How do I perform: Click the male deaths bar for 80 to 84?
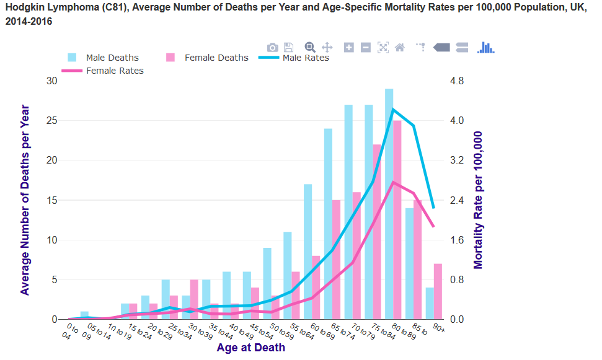[x=389, y=204]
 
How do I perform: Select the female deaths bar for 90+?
[x=438, y=291]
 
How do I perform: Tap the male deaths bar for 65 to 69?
[x=328, y=224]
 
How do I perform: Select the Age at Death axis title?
[x=251, y=348]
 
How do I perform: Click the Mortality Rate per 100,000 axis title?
[x=478, y=200]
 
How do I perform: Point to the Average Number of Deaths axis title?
[x=25, y=200]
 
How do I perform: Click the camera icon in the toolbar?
[x=272, y=48]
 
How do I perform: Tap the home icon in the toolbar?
[x=400, y=48]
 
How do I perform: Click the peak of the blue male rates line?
[x=392, y=110]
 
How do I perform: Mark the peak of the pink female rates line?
[x=392, y=182]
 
